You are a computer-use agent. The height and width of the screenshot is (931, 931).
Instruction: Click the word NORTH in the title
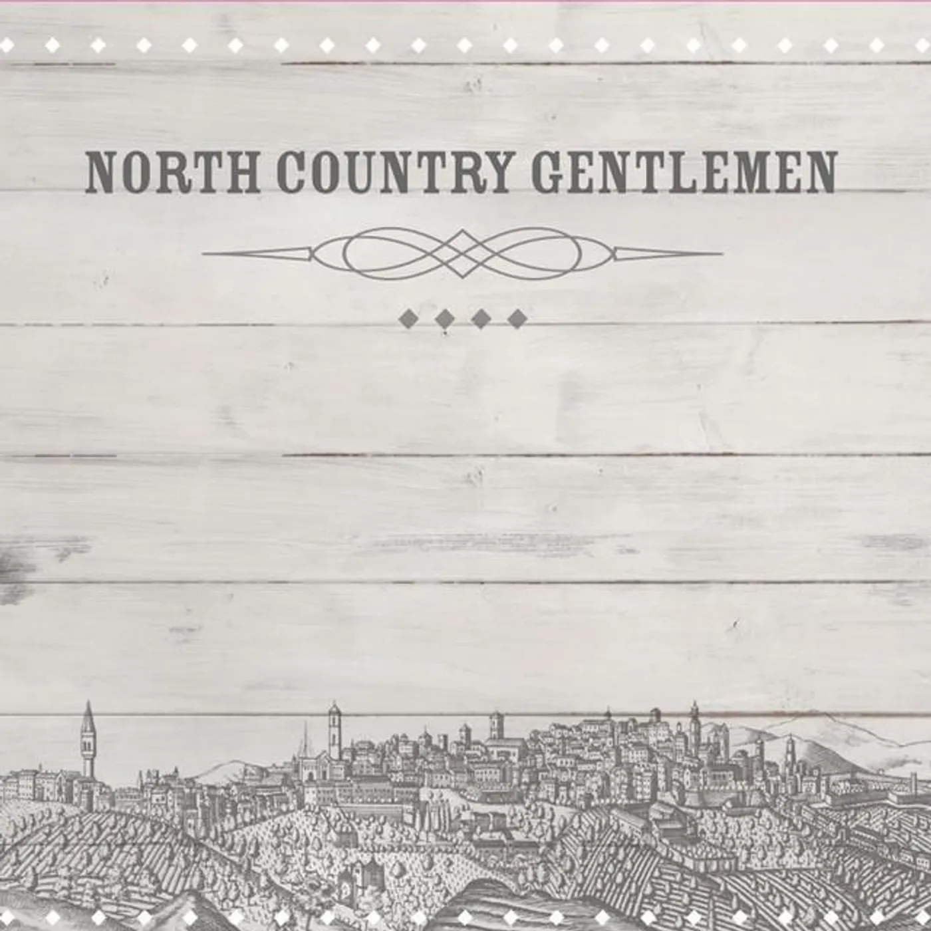[x=172, y=172]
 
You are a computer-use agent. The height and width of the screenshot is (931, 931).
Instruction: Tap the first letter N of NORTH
[x=102, y=172]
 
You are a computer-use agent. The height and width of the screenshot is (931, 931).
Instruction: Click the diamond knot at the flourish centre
[x=463, y=253]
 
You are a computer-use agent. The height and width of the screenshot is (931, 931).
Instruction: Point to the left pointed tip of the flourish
[x=205, y=253]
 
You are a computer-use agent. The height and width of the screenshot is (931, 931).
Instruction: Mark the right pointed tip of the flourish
[x=721, y=253]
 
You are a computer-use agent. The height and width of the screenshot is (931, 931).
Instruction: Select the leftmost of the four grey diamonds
[x=408, y=319]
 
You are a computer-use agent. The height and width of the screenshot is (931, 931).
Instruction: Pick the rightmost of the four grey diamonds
[x=517, y=319]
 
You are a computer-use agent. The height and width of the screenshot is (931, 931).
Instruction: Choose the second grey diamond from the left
[x=444, y=319]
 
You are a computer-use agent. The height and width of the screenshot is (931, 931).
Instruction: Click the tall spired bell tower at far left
[x=88, y=738]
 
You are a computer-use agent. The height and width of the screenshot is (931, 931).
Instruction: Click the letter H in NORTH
[x=242, y=172]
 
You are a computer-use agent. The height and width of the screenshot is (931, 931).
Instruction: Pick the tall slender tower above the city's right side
[x=695, y=728]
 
